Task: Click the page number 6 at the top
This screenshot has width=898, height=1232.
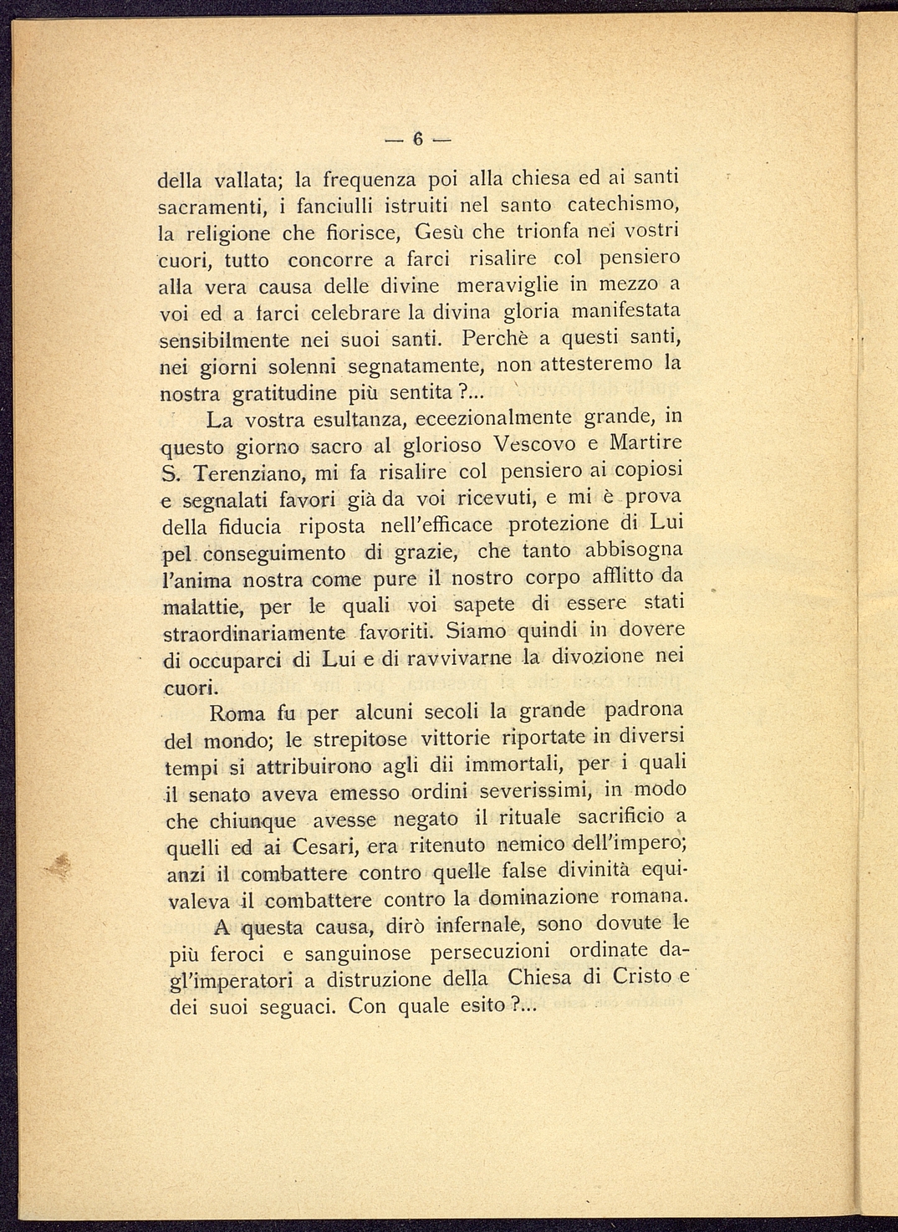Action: coord(419,140)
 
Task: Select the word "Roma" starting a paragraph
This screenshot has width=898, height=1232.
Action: coord(237,714)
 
